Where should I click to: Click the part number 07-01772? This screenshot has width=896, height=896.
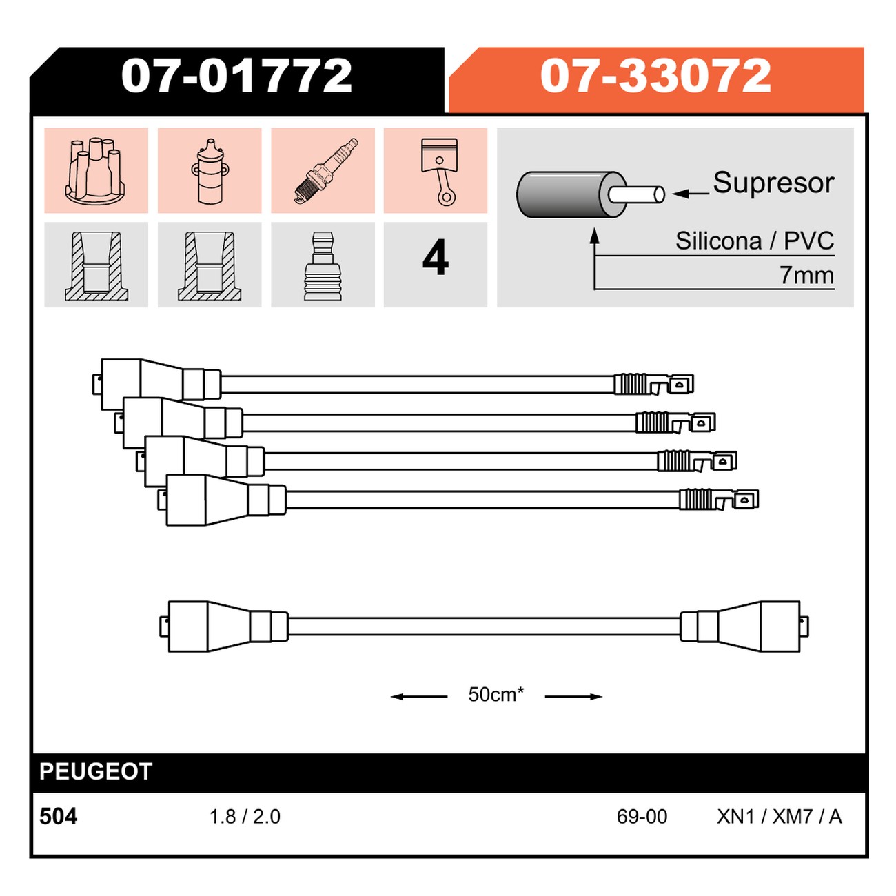(236, 75)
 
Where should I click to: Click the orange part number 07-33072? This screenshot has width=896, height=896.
(655, 75)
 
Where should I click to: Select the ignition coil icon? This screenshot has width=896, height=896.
(210, 171)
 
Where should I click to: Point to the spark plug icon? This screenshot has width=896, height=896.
(326, 170)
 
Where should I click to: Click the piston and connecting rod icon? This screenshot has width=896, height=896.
(439, 172)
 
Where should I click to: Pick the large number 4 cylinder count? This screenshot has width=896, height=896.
(436, 257)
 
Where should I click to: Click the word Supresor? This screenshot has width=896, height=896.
(773, 183)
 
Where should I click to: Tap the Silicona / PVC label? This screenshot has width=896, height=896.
(755, 241)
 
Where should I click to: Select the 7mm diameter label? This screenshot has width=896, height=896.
(806, 275)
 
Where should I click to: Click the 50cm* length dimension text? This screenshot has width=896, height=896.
(496, 694)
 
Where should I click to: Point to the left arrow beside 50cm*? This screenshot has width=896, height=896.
(418, 697)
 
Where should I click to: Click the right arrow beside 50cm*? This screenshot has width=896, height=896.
(573, 697)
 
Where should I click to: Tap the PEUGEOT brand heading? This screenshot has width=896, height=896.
(96, 771)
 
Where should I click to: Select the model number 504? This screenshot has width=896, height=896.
(59, 817)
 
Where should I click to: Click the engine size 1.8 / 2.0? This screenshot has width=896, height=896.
(245, 817)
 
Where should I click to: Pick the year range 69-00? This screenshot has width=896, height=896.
(642, 817)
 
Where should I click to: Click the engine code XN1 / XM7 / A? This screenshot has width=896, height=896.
(780, 817)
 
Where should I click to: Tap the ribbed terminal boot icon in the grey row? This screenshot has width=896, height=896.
(323, 266)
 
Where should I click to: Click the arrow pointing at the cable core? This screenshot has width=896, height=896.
(691, 194)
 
